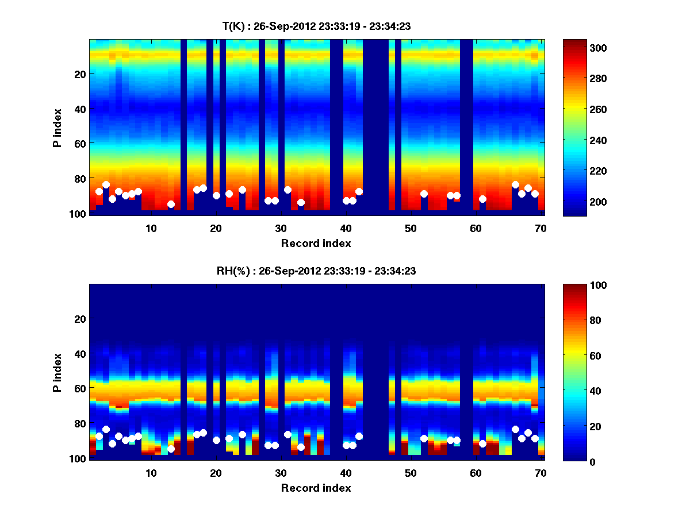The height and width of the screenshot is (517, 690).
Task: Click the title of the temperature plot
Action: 316,26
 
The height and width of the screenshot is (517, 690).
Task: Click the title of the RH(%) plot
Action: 316,271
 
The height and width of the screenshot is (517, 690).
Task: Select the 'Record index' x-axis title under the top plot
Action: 316,243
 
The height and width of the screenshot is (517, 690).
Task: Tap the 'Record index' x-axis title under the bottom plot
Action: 316,488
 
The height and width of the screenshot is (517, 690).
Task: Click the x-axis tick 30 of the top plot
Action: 281,228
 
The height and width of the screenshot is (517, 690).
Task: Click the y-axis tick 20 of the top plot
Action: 79,74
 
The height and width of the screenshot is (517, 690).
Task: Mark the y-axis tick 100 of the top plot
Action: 77,214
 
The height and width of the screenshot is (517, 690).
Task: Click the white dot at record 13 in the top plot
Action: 171,204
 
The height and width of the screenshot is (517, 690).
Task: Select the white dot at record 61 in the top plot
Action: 482,199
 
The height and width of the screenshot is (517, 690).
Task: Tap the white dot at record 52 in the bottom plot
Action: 424,438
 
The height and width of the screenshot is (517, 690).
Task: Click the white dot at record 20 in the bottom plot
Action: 216,440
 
